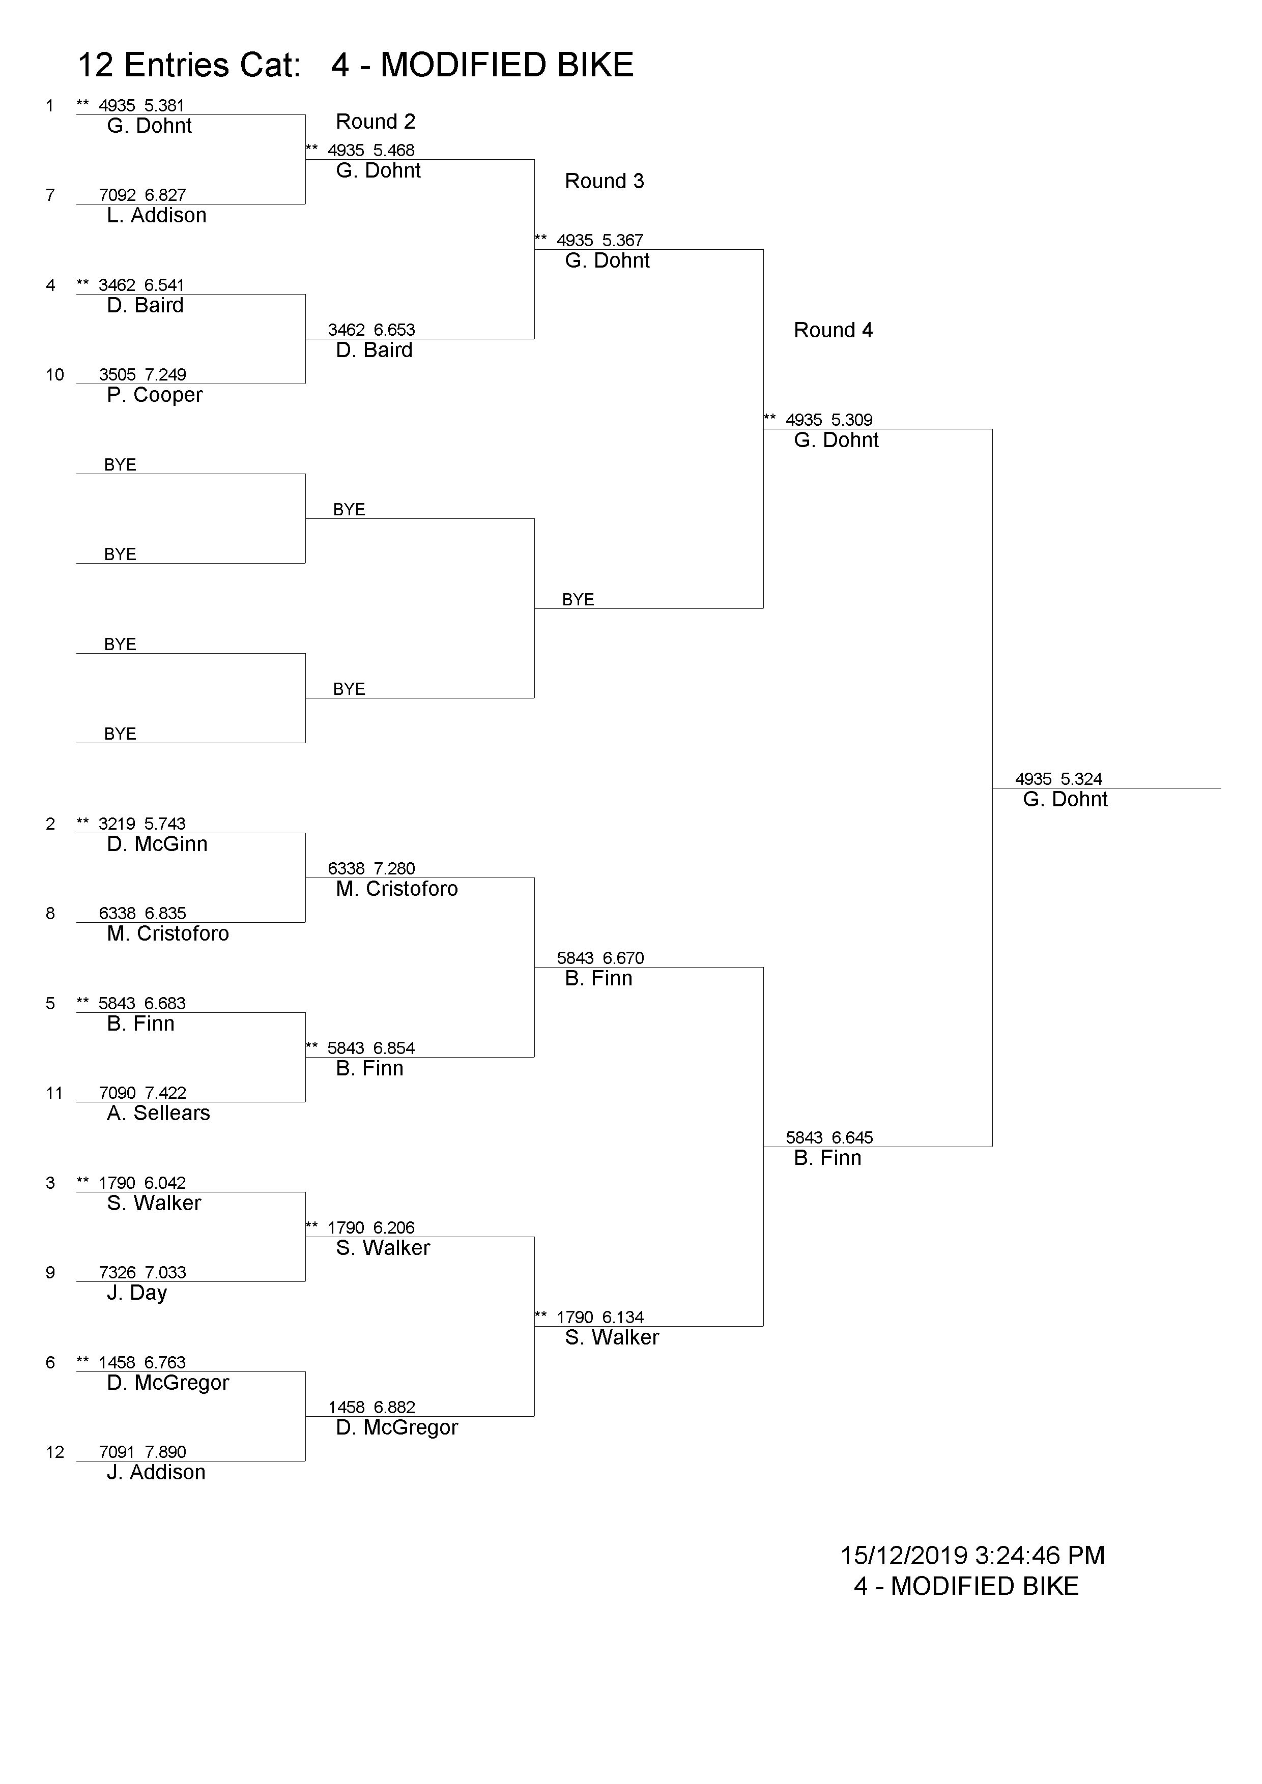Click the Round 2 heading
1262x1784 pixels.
pos(376,122)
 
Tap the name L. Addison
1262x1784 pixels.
pos(156,216)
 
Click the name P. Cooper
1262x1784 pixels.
pos(155,395)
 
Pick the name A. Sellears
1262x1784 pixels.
pos(159,1114)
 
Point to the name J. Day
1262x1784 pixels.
pos(137,1294)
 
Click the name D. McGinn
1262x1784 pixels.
pos(157,844)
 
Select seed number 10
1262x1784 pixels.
pos(54,375)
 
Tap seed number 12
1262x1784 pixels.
pos(54,1452)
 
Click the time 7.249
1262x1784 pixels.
pos(165,375)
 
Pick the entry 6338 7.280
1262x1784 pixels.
pos(371,869)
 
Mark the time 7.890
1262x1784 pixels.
pos(165,1452)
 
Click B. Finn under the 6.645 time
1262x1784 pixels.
pos(827,1158)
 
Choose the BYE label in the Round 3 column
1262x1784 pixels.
pos(578,600)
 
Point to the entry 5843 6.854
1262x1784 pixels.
pos(371,1048)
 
